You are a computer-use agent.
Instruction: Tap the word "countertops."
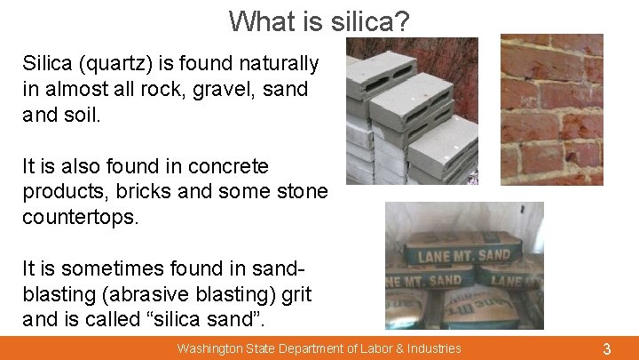click(81, 217)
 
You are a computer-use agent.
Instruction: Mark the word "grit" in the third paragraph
click(294, 293)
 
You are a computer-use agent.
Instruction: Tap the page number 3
click(606, 348)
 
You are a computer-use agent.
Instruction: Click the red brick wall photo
click(551, 109)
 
